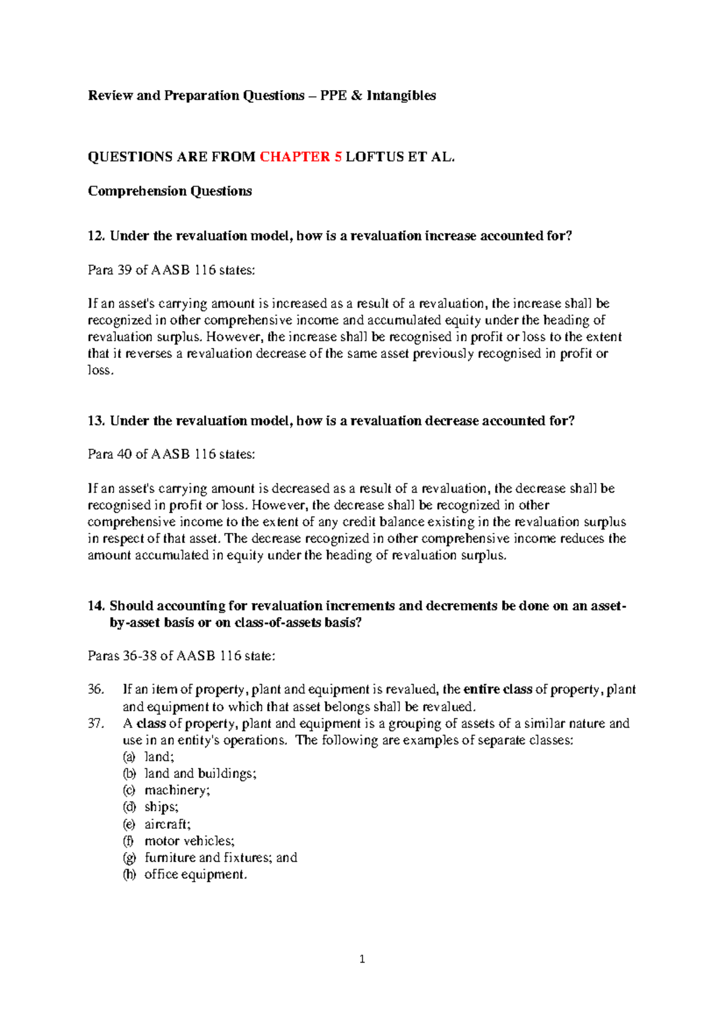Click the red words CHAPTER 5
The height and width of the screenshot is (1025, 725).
[x=300, y=157]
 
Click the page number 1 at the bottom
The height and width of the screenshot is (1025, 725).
[x=362, y=959]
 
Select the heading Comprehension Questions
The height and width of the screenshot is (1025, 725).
[x=170, y=191]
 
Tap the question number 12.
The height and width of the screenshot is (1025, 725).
[x=95, y=236]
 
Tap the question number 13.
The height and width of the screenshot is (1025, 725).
[x=95, y=421]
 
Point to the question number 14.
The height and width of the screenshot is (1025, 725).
[x=95, y=606]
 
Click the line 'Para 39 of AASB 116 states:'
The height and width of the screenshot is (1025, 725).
[x=172, y=270]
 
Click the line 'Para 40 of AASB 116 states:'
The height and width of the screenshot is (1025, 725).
[x=172, y=454]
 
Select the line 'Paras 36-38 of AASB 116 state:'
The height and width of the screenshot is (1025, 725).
[x=181, y=656]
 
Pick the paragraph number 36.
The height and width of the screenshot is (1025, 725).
[x=95, y=690]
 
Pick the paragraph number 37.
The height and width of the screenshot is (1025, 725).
[x=95, y=723]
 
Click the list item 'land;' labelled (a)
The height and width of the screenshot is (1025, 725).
[x=159, y=757]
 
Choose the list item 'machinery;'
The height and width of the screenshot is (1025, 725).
[x=177, y=791]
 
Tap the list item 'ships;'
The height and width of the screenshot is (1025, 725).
[x=161, y=807]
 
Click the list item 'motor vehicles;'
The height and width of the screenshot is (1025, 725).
[x=189, y=841]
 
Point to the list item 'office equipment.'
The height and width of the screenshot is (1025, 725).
[x=196, y=875]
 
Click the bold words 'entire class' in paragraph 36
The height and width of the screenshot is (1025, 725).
[x=497, y=690]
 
